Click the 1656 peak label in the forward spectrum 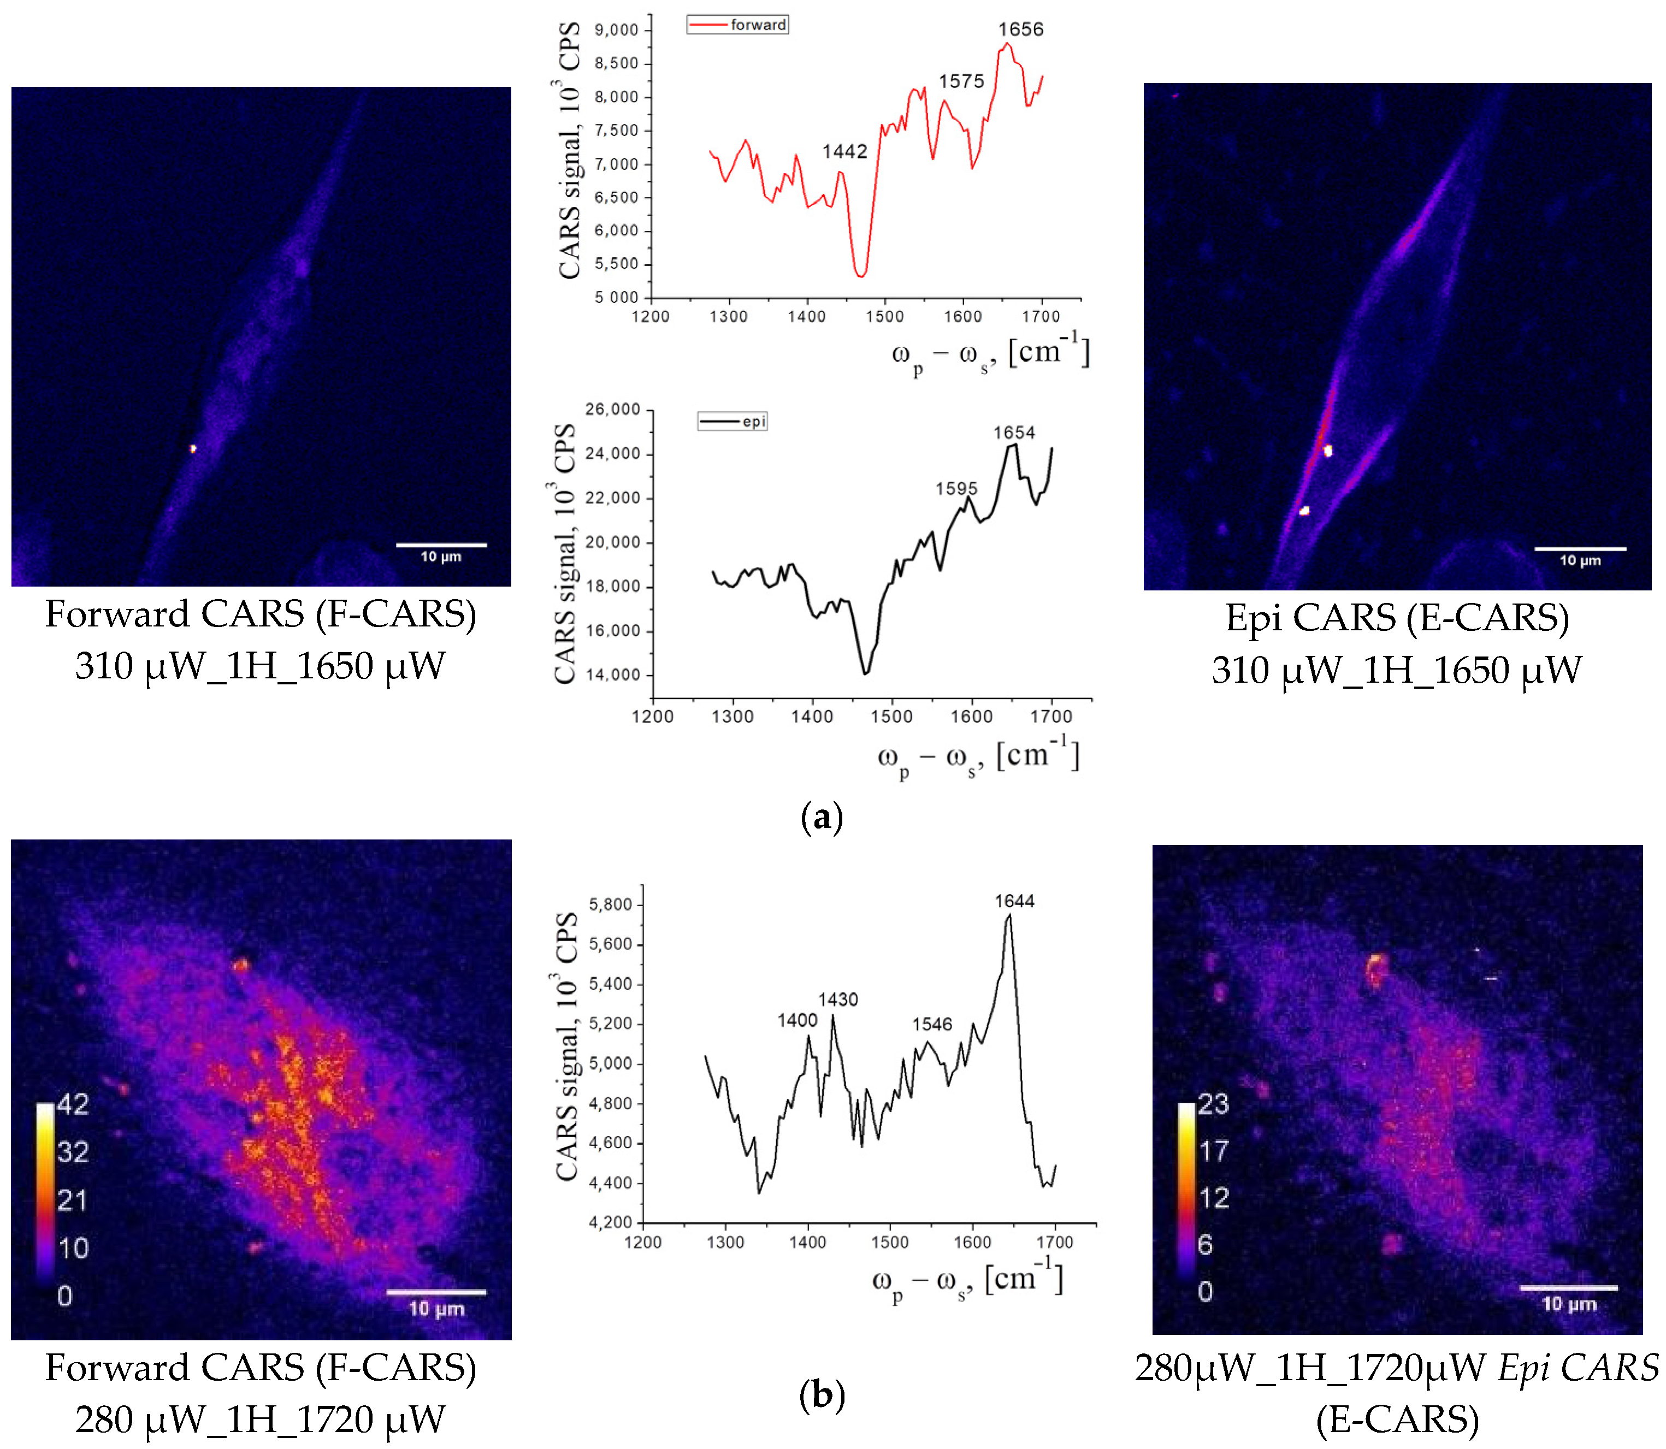click(x=1020, y=30)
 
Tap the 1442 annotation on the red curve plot click(x=844, y=151)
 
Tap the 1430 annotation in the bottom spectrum click(x=838, y=999)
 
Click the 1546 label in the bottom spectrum click(x=932, y=1025)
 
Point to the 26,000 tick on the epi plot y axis click(x=612, y=409)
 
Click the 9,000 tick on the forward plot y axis click(x=616, y=31)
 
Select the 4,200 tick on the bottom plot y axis click(x=611, y=1222)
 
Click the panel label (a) click(x=821, y=818)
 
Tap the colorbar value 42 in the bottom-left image click(x=73, y=1104)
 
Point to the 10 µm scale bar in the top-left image click(x=441, y=545)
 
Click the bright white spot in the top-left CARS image click(x=193, y=448)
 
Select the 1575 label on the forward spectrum click(x=961, y=82)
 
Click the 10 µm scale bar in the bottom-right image click(x=1568, y=1287)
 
